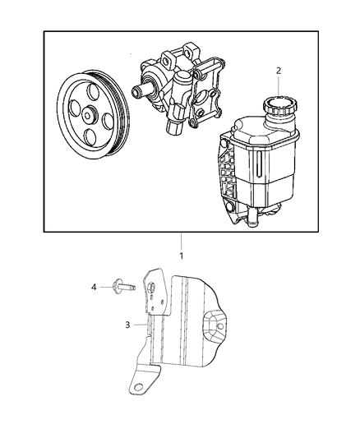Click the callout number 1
tap(181, 255)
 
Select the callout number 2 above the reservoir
tap(279, 71)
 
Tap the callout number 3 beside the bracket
tap(127, 325)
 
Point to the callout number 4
tap(94, 287)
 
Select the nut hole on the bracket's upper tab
tap(153, 286)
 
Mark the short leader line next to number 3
tap(139, 325)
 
